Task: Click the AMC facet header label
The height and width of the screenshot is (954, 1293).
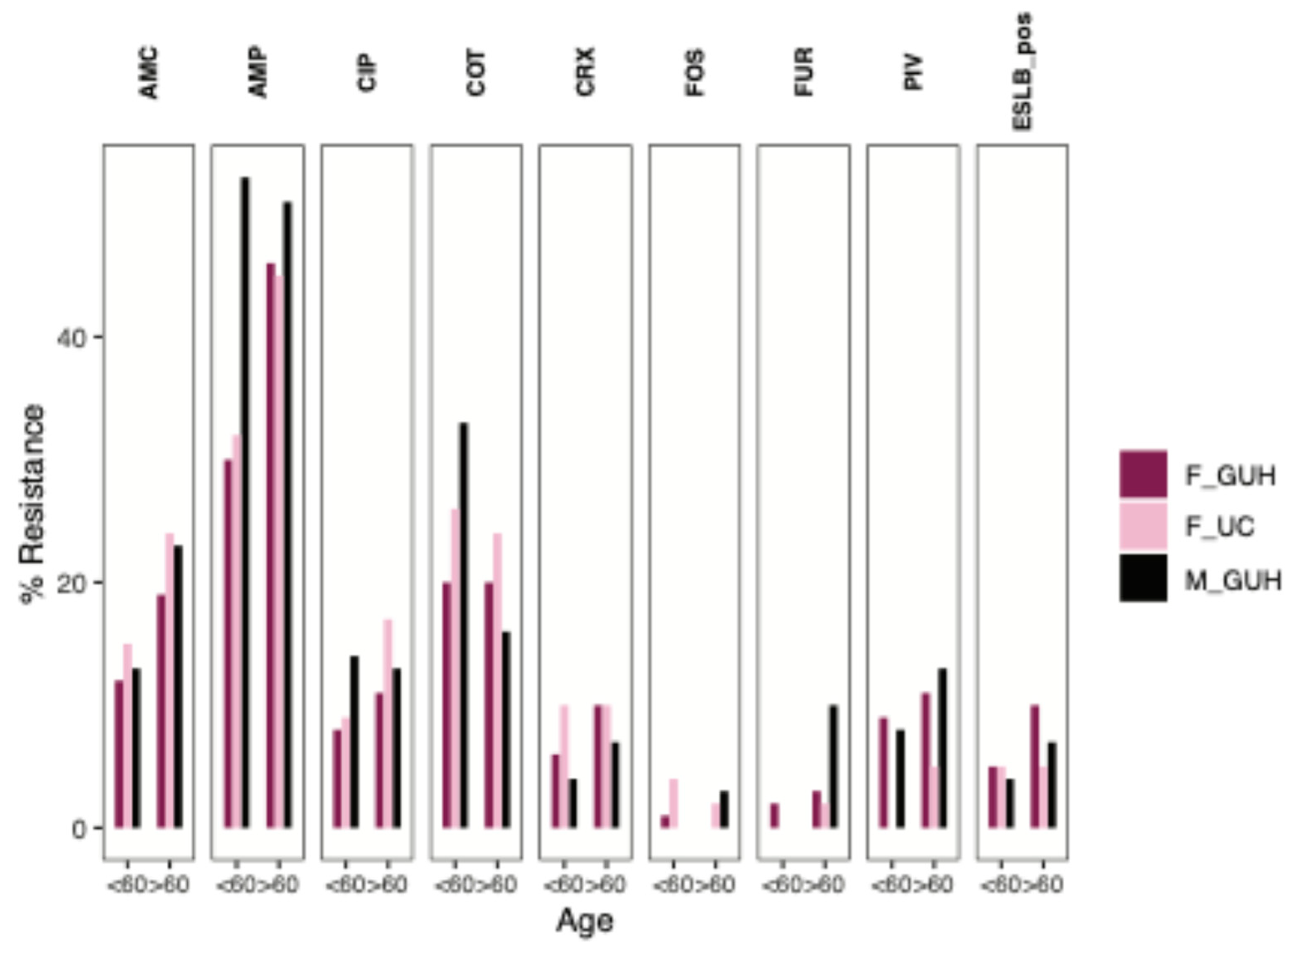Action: tap(149, 73)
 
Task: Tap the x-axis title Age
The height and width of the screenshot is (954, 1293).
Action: tap(584, 921)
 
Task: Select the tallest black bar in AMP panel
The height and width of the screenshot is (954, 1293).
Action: tap(245, 502)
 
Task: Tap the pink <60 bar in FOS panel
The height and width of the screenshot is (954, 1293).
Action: tap(673, 803)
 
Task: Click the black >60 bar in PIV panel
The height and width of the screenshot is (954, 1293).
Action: tap(942, 748)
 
